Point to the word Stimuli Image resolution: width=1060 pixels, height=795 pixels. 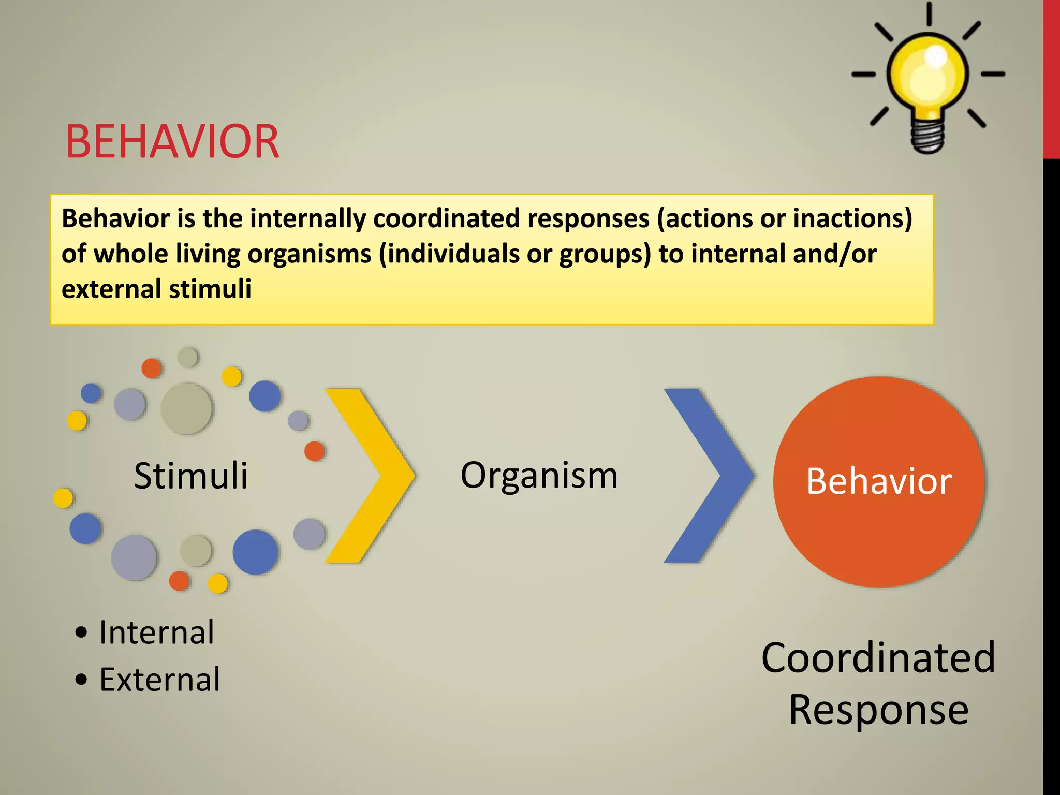click(190, 475)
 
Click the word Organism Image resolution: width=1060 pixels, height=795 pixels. click(539, 475)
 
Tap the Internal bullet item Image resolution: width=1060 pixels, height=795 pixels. click(156, 632)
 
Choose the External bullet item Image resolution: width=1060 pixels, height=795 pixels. click(159, 679)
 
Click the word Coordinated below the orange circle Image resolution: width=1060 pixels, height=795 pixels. click(878, 657)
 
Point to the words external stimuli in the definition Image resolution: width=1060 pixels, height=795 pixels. click(156, 289)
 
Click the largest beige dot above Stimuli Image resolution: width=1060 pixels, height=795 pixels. click(186, 408)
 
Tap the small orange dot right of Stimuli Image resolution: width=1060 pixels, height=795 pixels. click(314, 451)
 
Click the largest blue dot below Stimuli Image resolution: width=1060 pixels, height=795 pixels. click(255, 552)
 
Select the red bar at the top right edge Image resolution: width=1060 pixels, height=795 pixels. click(1051, 78)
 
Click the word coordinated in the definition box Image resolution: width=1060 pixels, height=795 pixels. click(446, 218)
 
